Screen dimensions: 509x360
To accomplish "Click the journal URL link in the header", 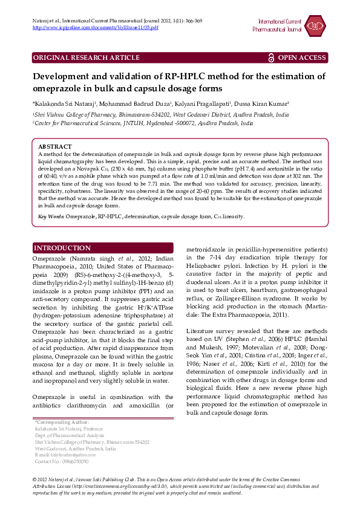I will pos(95,28).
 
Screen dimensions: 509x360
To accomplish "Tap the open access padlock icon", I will pos(271,57).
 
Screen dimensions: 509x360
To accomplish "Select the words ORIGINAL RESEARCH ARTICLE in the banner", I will pos(86,57).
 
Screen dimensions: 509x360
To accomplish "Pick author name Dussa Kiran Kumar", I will pos(257,103).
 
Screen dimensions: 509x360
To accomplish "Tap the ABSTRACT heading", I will pos(56,147).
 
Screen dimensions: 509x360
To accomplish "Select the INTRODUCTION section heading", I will pos(62,248).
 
